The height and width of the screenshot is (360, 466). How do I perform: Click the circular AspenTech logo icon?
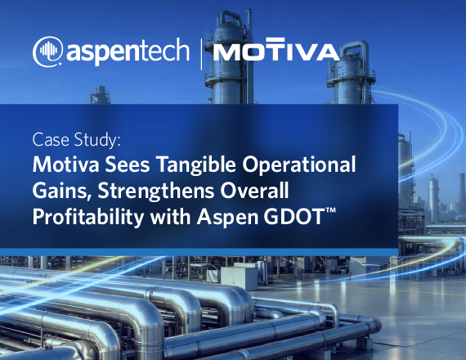tap(48, 52)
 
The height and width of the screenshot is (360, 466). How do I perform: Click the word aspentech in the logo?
tap(128, 52)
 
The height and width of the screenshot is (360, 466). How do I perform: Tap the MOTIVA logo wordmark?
tap(276, 49)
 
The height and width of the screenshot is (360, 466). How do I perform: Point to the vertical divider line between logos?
tap(202, 54)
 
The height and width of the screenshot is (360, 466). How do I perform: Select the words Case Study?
tap(77, 140)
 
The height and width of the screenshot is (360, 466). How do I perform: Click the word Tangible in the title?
tap(196, 164)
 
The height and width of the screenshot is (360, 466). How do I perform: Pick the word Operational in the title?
tap(299, 164)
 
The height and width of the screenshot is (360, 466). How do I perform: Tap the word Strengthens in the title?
tap(155, 191)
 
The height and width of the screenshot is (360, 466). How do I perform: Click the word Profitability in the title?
tap(88, 217)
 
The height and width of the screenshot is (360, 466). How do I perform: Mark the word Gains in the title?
tap(62, 191)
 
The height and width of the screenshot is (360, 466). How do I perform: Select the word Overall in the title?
tap(254, 191)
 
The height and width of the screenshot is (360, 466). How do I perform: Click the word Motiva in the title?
tap(65, 164)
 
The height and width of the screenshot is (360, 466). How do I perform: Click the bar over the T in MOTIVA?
tap(276, 39)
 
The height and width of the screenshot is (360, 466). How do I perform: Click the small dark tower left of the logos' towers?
tap(101, 95)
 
